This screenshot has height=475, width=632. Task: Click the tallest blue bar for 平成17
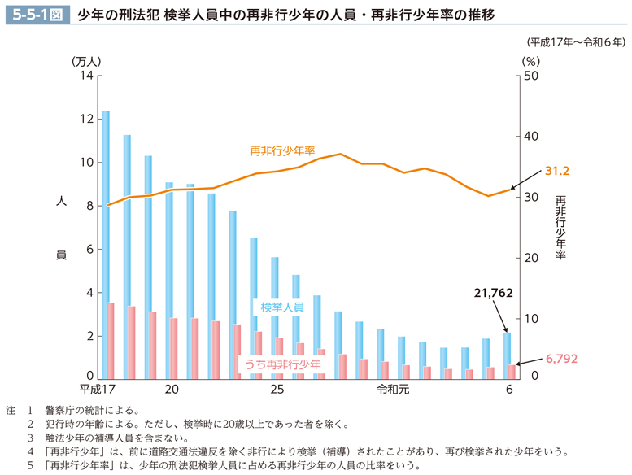(106, 244)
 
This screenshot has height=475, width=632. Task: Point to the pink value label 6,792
(560, 358)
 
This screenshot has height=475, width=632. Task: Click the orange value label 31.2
(557, 172)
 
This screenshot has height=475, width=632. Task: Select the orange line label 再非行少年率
(282, 150)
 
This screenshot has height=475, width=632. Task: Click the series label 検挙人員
(282, 307)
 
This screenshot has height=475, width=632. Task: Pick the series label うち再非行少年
(282, 364)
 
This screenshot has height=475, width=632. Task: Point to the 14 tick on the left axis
(87, 76)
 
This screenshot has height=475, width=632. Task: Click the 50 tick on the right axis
(531, 76)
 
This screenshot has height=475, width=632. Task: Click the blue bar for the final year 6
(507, 355)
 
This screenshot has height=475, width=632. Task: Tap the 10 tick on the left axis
(87, 163)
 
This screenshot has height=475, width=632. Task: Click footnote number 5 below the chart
(30, 466)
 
